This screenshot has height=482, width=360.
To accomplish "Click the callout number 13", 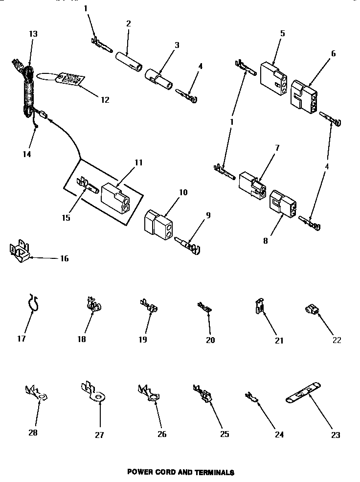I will click(33, 34).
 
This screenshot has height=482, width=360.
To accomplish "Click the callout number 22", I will click(337, 340).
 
